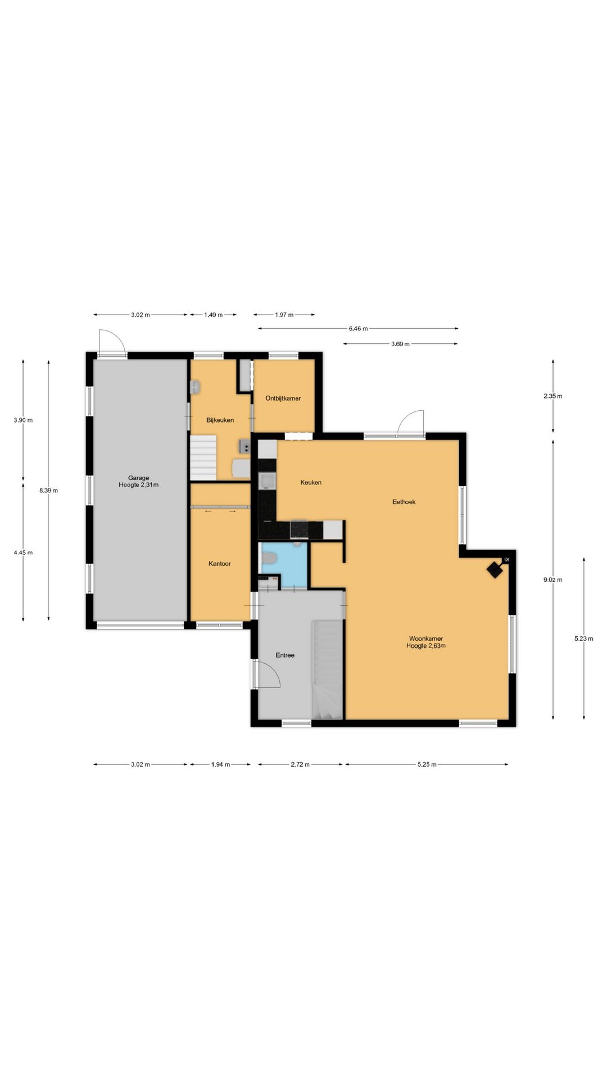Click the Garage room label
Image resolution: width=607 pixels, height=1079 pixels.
coord(138,478)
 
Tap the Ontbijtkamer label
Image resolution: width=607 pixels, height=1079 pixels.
coord(283,398)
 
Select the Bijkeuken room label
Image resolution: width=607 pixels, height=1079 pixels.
coord(220,420)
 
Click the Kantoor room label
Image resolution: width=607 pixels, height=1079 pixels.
coord(219,564)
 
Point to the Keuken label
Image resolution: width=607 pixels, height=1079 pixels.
coord(311,482)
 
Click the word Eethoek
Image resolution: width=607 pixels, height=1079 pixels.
coord(404,502)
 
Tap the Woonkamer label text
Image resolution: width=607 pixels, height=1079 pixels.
coord(425,639)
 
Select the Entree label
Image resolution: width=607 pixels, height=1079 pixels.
coord(285,655)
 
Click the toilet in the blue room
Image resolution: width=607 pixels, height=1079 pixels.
coord(270,558)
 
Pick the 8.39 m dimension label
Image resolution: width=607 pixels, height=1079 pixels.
coord(48,491)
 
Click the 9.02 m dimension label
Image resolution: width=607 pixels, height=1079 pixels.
coord(552,580)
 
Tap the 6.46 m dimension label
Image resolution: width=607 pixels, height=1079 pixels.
coord(358,329)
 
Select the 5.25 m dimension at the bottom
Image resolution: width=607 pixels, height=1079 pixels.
coord(427,764)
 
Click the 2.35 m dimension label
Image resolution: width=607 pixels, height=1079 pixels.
coord(552,396)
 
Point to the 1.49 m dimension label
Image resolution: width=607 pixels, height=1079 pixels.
coord(213,315)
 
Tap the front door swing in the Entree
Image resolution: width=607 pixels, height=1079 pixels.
coord(267,674)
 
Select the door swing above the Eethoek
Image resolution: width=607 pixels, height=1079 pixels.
coord(411,423)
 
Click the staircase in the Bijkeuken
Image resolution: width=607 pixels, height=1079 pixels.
coord(203,458)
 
